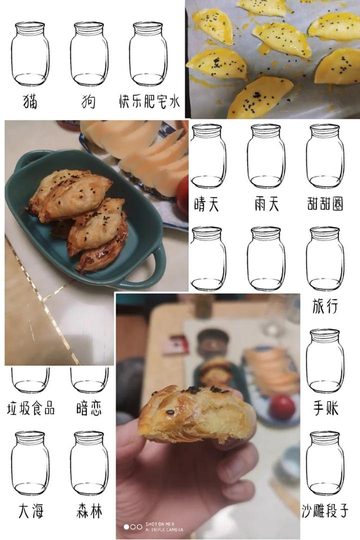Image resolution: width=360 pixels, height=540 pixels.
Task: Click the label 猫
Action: pos(30,101)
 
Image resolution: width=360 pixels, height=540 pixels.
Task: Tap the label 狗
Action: pos(88,101)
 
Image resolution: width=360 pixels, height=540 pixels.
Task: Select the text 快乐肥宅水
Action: pos(149,101)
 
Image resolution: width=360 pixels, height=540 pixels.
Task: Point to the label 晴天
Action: pos(206,204)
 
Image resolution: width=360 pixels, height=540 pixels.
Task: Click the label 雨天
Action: pos(266,204)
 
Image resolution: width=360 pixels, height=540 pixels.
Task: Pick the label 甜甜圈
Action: pos(325,203)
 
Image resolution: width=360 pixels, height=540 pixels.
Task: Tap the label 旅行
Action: pos(325,306)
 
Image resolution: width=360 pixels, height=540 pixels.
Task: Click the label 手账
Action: pos(325,408)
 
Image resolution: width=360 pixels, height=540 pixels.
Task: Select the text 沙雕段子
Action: pos(325,510)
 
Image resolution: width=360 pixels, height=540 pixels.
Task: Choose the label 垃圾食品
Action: pos(30,408)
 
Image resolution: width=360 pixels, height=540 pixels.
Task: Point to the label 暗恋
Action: pos(89,408)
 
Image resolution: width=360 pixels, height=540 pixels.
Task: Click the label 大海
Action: pos(30,510)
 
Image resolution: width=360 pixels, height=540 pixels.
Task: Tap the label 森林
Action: pos(89,510)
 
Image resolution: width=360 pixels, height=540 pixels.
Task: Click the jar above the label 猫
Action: pos(30,54)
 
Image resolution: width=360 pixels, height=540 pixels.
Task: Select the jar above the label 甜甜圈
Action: pos(325,156)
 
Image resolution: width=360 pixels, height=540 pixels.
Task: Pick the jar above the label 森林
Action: pos(89,463)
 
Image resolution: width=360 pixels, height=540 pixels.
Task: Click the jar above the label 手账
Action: pos(325,361)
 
